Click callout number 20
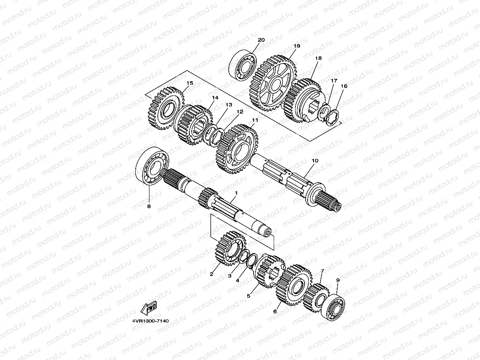[x=261, y=40]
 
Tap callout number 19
[x=297, y=46]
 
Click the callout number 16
[x=344, y=86]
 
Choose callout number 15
[x=190, y=83]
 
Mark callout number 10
[x=314, y=161]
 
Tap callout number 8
[x=149, y=206]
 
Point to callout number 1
[x=236, y=193]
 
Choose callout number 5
[x=248, y=296]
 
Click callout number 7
[x=322, y=271]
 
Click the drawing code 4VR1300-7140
[x=150, y=321]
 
